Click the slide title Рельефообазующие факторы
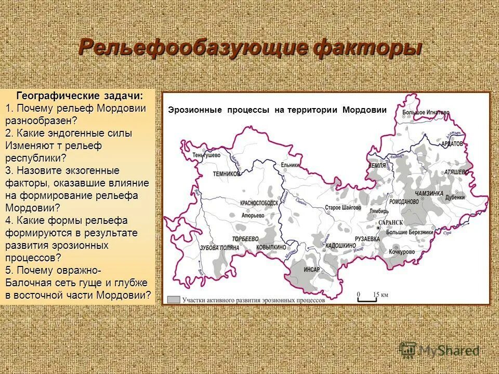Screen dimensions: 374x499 tap(249, 48)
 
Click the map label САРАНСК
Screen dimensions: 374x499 tap(391, 222)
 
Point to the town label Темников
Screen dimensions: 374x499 tap(227, 175)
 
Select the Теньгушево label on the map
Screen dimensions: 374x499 tap(206, 155)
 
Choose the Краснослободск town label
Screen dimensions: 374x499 tap(258, 203)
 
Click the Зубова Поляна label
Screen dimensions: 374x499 tap(219, 248)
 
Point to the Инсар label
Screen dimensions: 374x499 tap(312, 270)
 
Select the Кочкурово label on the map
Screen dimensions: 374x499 tap(401, 251)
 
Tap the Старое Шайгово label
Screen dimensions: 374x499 tap(343, 207)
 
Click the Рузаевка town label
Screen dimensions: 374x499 tap(367, 239)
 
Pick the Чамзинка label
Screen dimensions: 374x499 tap(429, 193)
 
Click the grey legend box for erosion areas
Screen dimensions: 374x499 tap(174, 300)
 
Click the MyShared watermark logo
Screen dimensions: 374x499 tap(439, 351)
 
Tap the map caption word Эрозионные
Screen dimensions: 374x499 tap(194, 110)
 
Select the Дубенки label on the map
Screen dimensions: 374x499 tap(454, 197)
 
